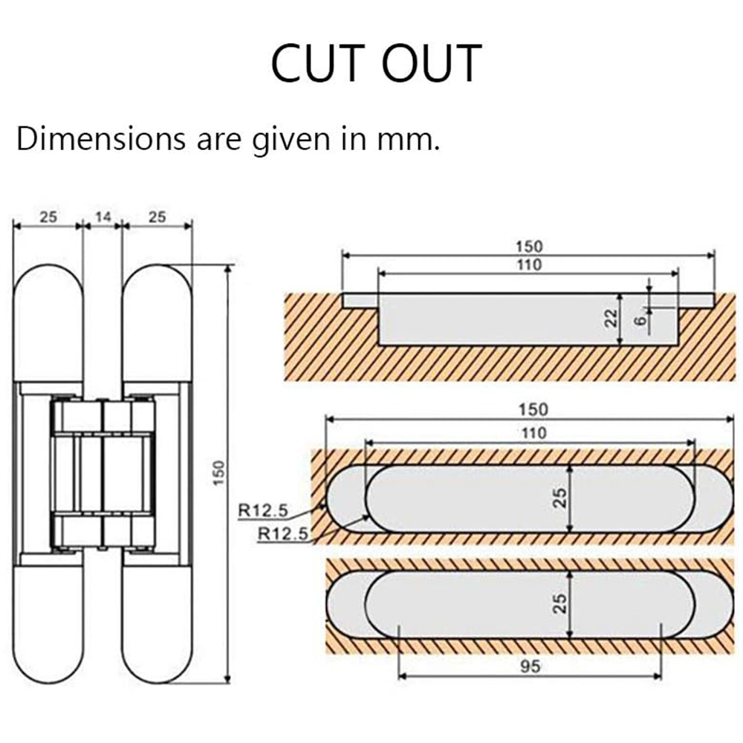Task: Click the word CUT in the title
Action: point(316,63)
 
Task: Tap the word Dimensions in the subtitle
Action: point(101,139)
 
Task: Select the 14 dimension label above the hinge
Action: point(103,217)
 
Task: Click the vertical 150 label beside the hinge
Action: point(218,472)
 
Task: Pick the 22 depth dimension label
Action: point(611,318)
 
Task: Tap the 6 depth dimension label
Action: point(640,321)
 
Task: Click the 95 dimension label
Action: point(531,666)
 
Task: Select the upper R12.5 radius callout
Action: point(263,510)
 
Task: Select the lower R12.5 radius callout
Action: point(283,534)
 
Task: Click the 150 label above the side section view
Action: point(529,247)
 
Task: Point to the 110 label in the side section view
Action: point(529,265)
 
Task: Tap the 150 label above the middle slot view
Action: point(533,409)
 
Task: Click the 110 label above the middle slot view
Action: point(533,432)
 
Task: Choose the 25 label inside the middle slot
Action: point(560,498)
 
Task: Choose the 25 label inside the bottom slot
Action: point(560,603)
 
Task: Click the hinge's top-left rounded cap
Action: point(49,322)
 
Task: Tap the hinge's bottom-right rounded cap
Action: point(158,625)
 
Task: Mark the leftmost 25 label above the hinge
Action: point(48,217)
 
